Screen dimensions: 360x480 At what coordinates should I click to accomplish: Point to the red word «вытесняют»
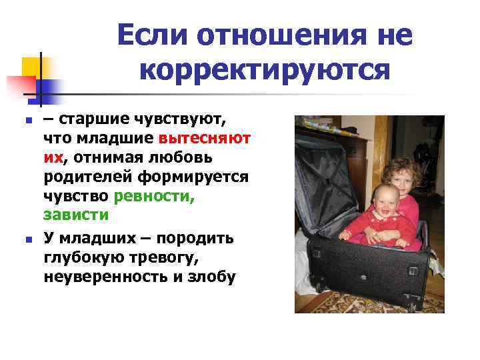pyautogui.click(x=205, y=138)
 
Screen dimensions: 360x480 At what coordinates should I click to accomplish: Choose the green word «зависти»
pyautogui.click(x=75, y=215)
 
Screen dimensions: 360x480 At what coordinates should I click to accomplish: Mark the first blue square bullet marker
pyautogui.click(x=27, y=122)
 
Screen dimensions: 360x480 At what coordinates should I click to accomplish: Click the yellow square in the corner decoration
pyautogui.click(x=33, y=67)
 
